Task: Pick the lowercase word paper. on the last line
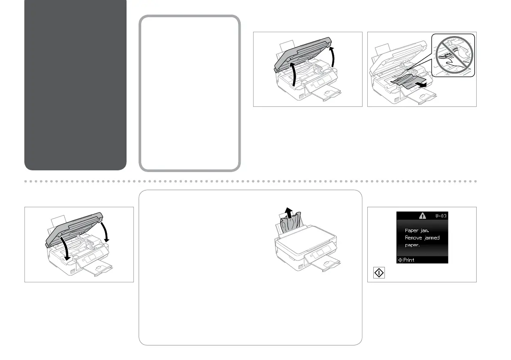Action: pyautogui.click(x=413, y=245)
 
